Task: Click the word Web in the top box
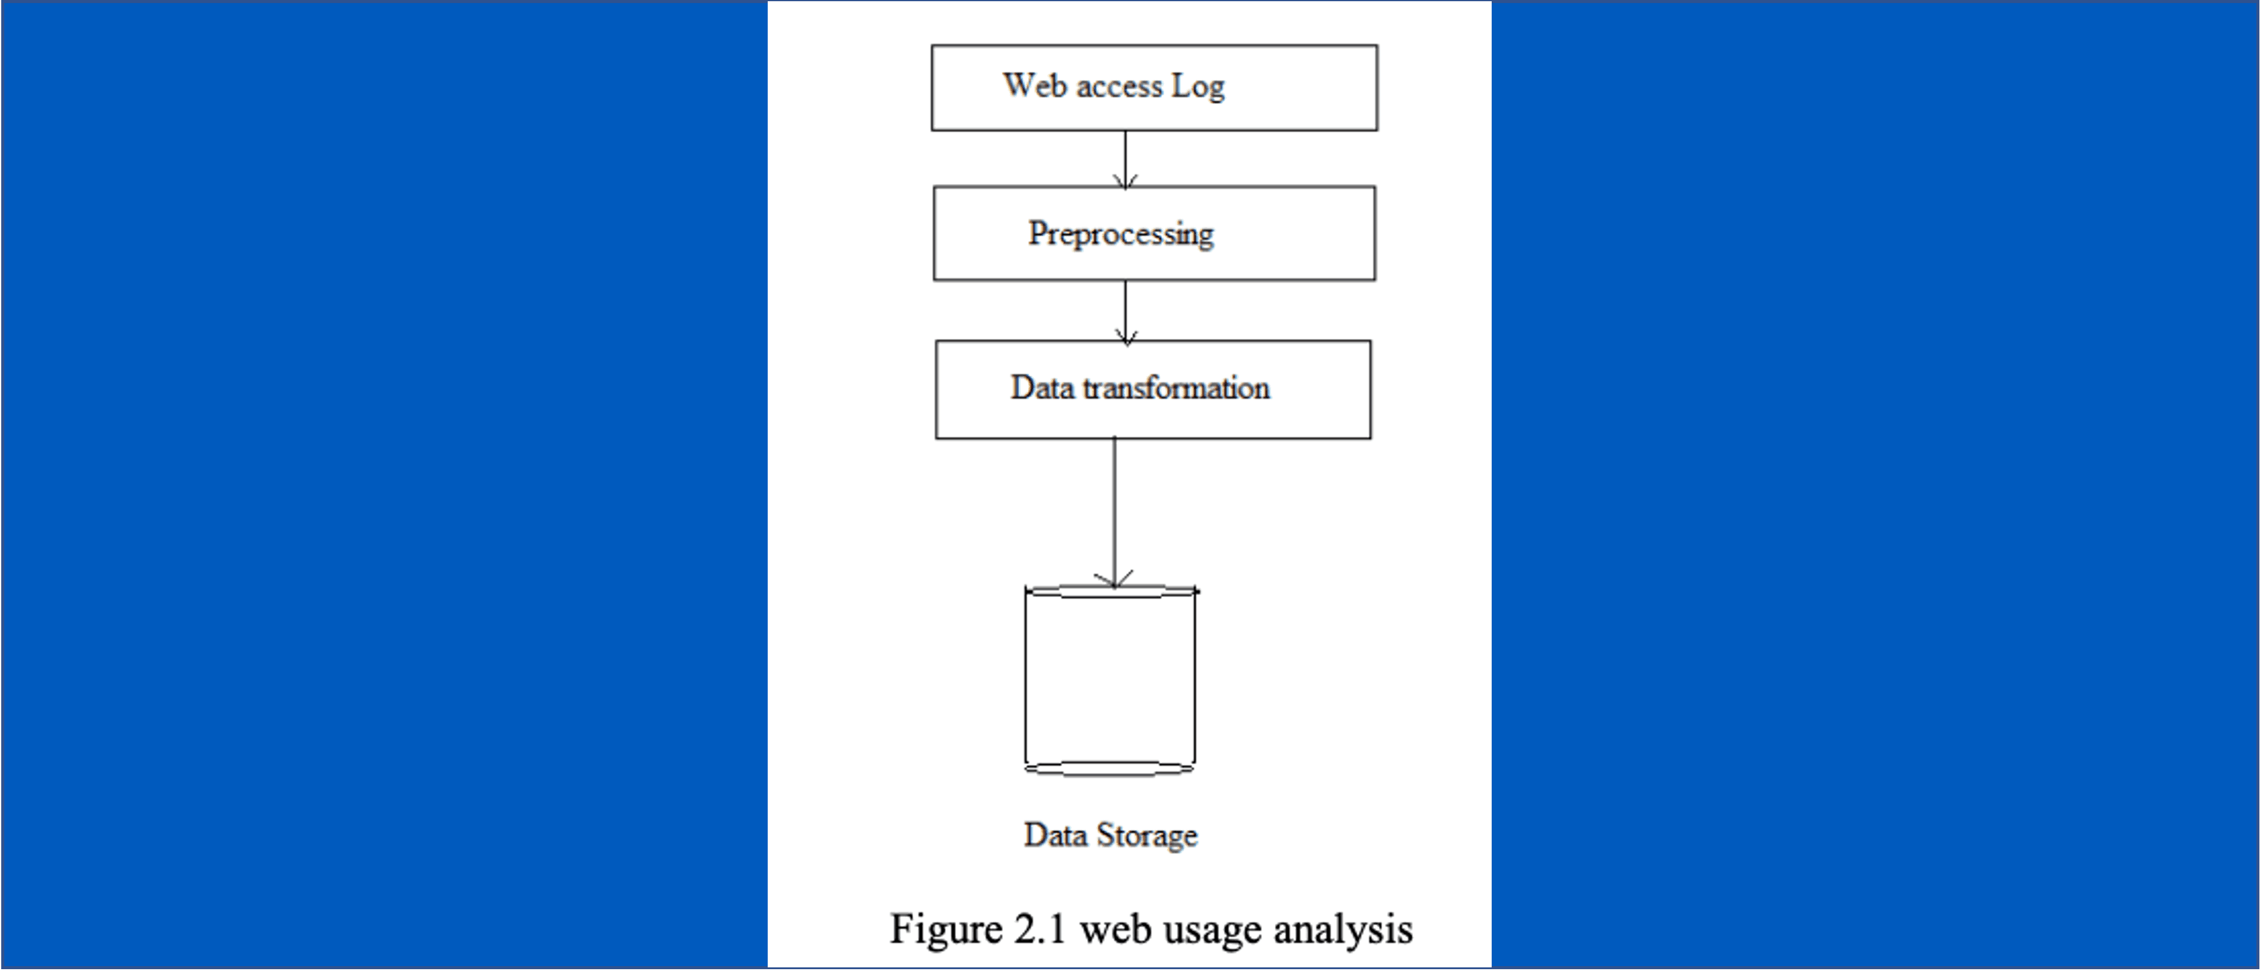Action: (x=1035, y=86)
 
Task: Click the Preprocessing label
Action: (x=1121, y=234)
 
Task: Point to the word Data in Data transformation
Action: (x=1042, y=387)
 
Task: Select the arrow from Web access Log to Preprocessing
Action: (x=1125, y=158)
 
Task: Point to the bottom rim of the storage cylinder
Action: (x=1110, y=769)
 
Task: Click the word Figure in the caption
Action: (x=946, y=930)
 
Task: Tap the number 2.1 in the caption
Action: (x=1040, y=929)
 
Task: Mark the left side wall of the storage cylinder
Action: (x=1026, y=680)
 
